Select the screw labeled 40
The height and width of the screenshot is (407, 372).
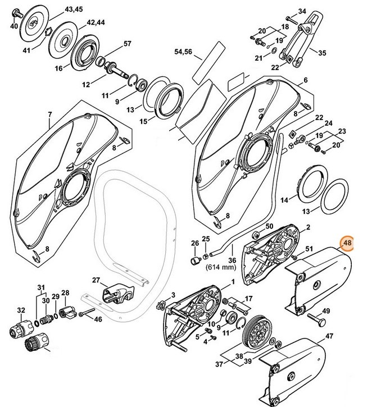click(18, 12)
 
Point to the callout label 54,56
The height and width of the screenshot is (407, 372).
click(183, 52)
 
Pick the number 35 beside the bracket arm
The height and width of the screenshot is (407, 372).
click(322, 53)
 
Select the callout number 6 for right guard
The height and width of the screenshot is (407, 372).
click(306, 80)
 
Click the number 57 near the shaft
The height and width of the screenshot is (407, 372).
click(127, 44)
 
